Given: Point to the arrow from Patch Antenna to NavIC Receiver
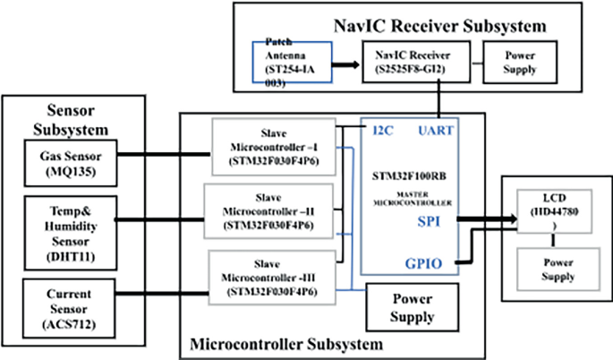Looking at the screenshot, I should (345, 64).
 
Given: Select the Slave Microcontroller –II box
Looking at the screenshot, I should (270, 211).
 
